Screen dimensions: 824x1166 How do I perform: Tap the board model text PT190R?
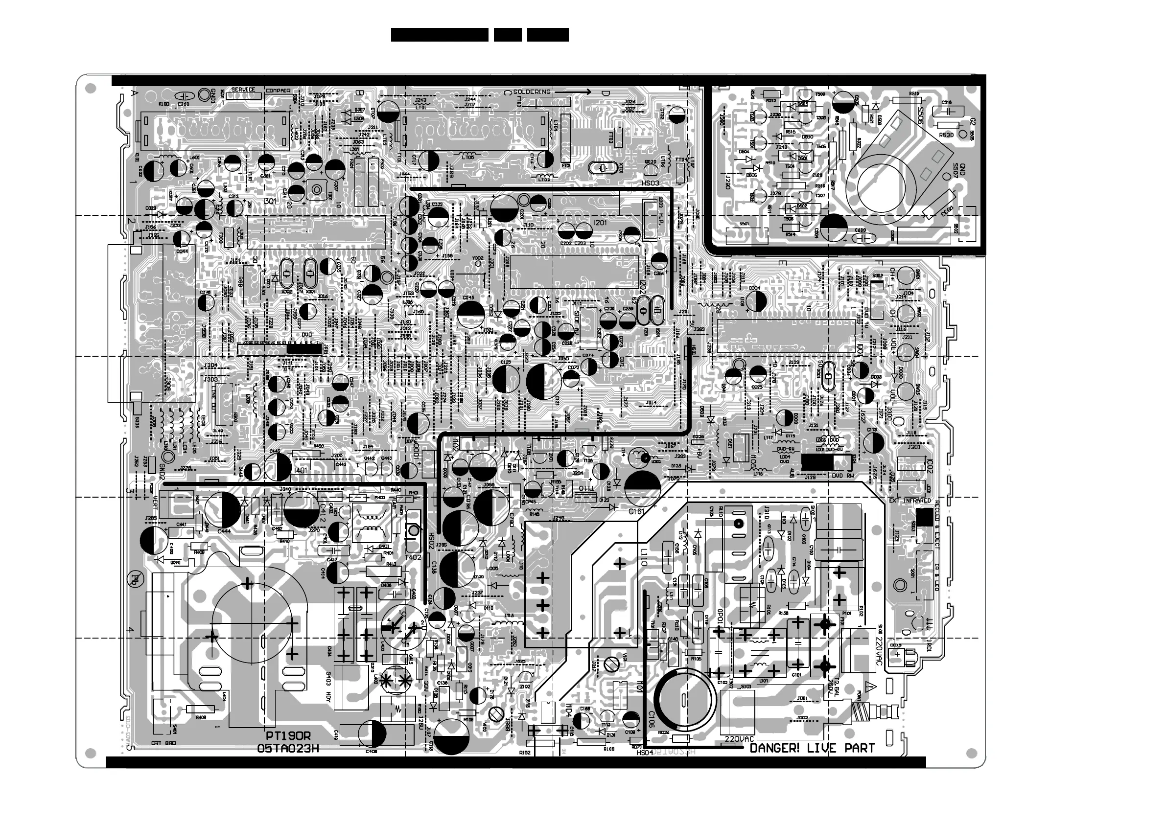pos(288,736)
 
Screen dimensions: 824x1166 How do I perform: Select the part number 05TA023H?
pos(288,748)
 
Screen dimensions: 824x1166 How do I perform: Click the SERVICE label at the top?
pos(243,90)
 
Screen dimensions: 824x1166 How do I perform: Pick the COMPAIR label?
pos(279,91)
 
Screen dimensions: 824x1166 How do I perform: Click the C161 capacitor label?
pos(636,511)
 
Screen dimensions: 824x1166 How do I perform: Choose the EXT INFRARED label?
pos(909,501)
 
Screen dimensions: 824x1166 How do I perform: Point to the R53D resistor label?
pos(946,135)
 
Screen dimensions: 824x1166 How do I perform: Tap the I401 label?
pos(301,471)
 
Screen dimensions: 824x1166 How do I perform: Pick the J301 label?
pos(913,447)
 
